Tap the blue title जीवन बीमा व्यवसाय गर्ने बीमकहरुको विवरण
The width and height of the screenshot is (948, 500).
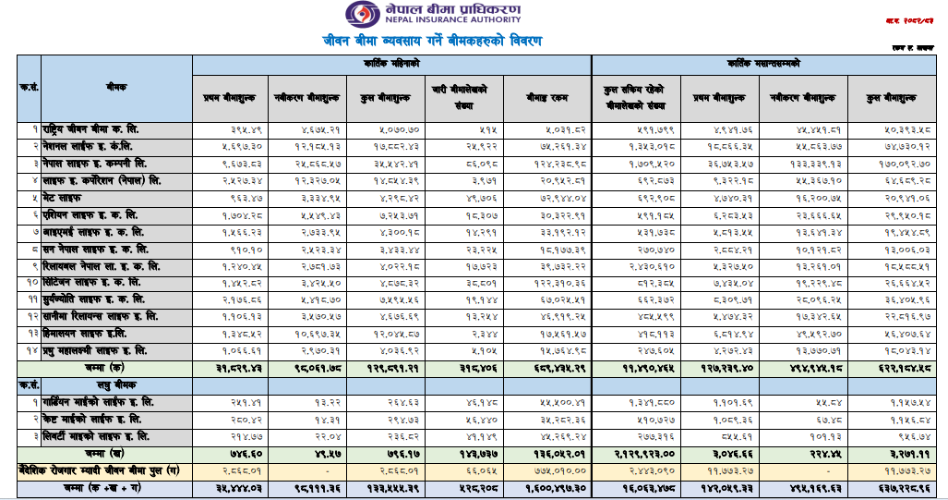point(432,42)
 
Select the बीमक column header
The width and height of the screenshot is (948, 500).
point(116,87)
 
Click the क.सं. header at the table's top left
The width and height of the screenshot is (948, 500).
point(28,87)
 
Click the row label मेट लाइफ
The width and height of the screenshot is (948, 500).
point(61,198)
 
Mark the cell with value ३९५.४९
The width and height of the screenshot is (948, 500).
point(221,128)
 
